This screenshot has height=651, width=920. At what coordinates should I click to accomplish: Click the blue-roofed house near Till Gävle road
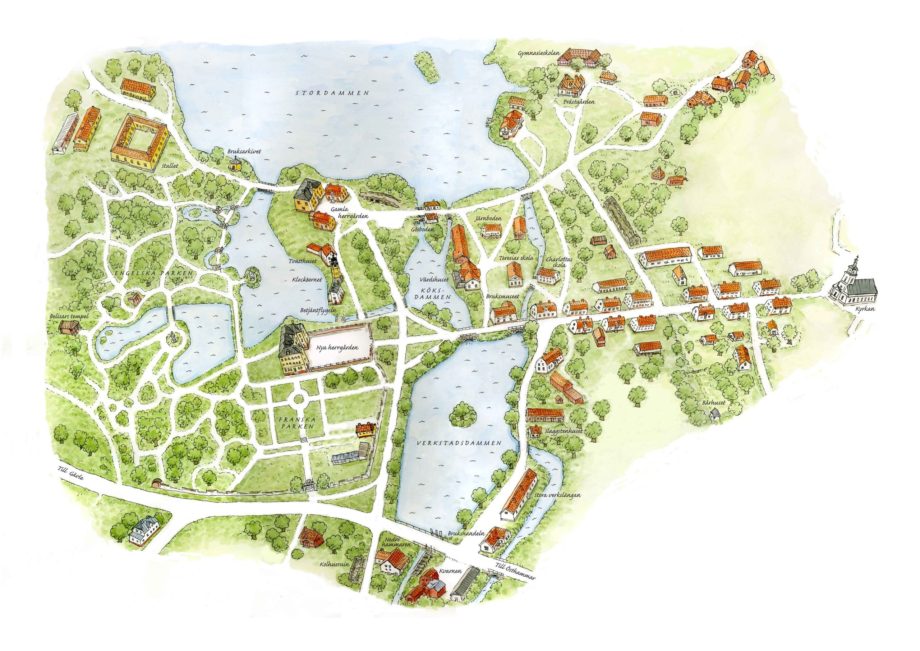point(145,531)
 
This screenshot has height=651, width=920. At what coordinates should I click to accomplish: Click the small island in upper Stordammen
point(425,68)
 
